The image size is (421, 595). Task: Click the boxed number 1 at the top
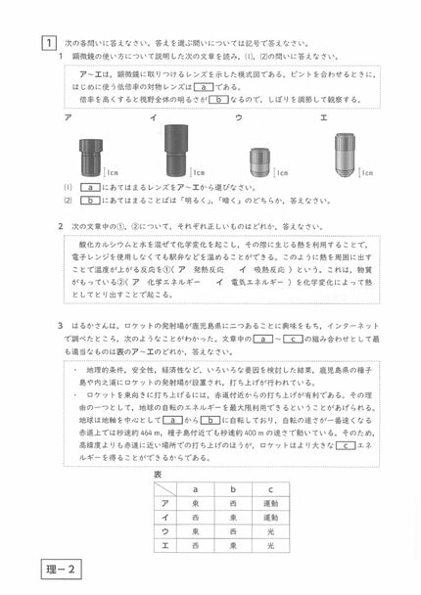pyautogui.click(x=47, y=43)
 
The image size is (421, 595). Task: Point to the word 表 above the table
pyautogui.click(x=160, y=472)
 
